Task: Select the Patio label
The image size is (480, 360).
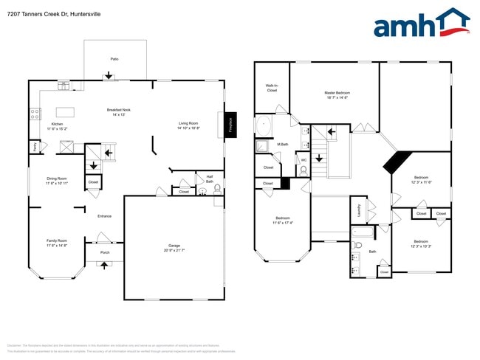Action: click(x=114, y=58)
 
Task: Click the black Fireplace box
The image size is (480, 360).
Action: click(x=230, y=126)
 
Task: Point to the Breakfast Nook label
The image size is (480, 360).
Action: click(x=120, y=112)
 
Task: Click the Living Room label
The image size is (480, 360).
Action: click(x=188, y=125)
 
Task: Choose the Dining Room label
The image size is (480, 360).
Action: click(x=57, y=180)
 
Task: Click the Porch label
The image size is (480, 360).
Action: click(x=104, y=252)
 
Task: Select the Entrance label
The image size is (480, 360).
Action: click(x=104, y=215)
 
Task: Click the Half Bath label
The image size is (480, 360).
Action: click(x=210, y=179)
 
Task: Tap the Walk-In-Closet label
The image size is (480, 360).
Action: click(x=272, y=88)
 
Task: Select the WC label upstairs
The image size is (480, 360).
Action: click(x=304, y=160)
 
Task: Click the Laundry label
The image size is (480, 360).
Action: click(x=360, y=210)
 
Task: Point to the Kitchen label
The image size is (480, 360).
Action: click(x=58, y=126)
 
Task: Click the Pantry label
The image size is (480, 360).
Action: click(x=35, y=146)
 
